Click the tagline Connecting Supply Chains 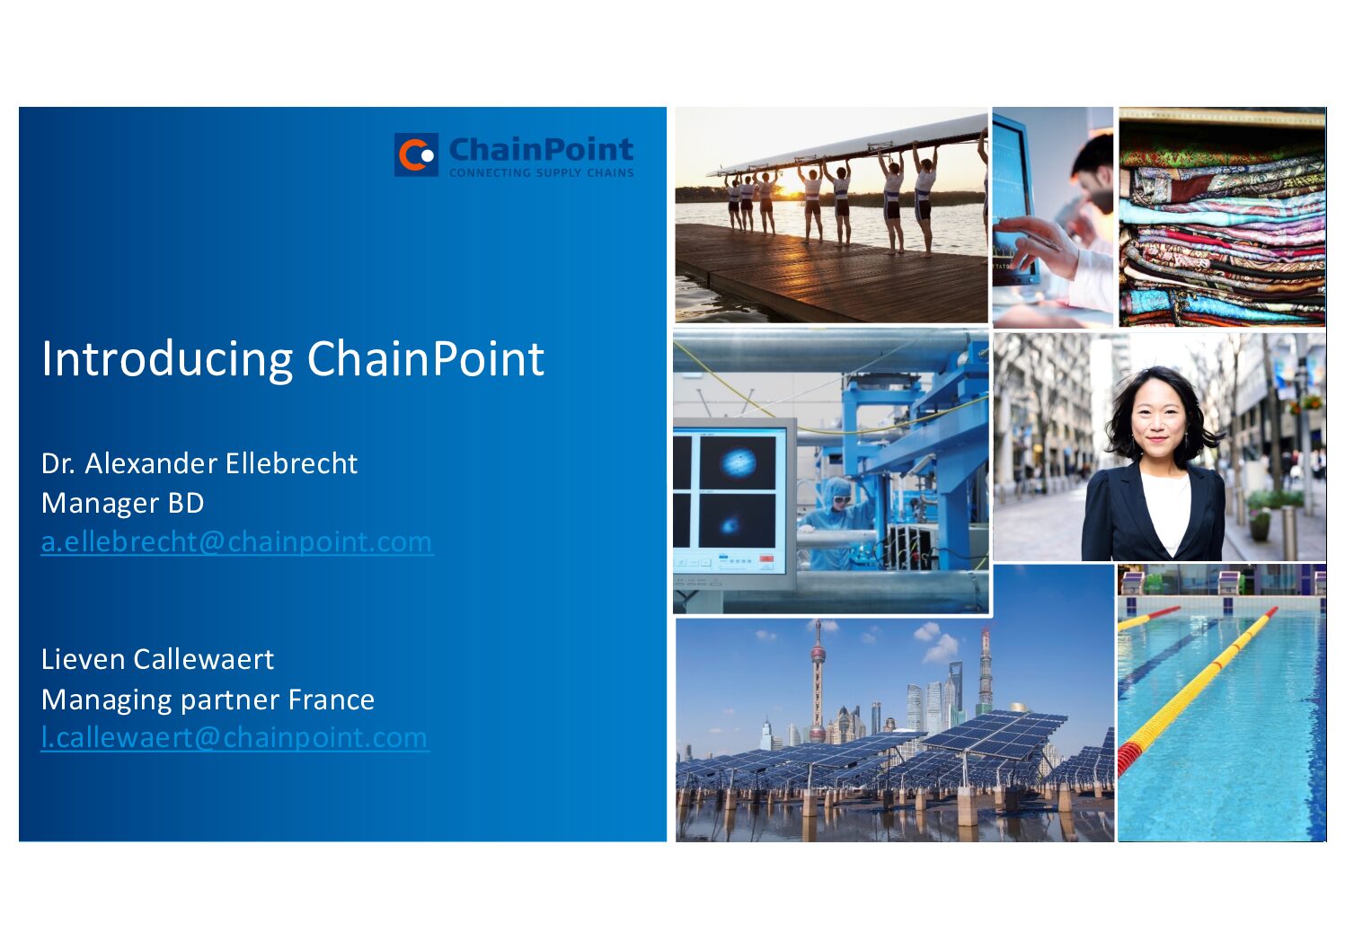point(541,172)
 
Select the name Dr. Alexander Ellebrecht point(199,463)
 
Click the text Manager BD point(122,503)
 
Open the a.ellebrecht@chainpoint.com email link point(236,542)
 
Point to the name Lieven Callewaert point(157,659)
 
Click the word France point(331,699)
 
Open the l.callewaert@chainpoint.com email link point(234,737)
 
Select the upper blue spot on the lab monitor point(738,462)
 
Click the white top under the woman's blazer point(1167,509)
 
